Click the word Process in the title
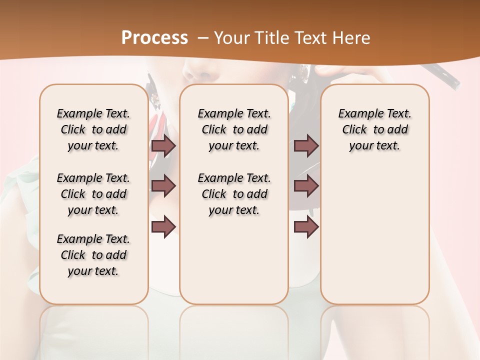click(154, 38)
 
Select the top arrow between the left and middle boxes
click(163, 146)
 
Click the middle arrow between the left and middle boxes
click(163, 186)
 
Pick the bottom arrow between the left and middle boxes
click(163, 226)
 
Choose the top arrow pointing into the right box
click(306, 146)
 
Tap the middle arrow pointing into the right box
click(306, 186)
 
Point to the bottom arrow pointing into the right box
click(306, 226)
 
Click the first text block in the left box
click(93, 129)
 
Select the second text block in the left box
click(93, 194)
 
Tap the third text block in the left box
click(93, 255)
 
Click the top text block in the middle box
click(234, 129)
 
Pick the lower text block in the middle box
click(234, 194)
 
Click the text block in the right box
click(374, 129)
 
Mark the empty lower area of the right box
click(374, 235)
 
